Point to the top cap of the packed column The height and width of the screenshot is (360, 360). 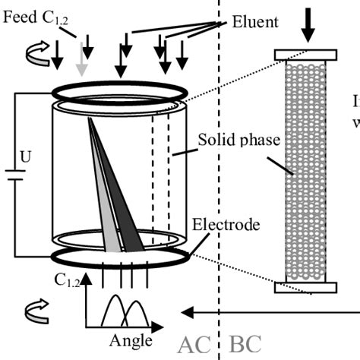pyautogui.click(x=305, y=55)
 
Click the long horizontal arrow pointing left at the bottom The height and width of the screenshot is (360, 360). pyautogui.click(x=266, y=311)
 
